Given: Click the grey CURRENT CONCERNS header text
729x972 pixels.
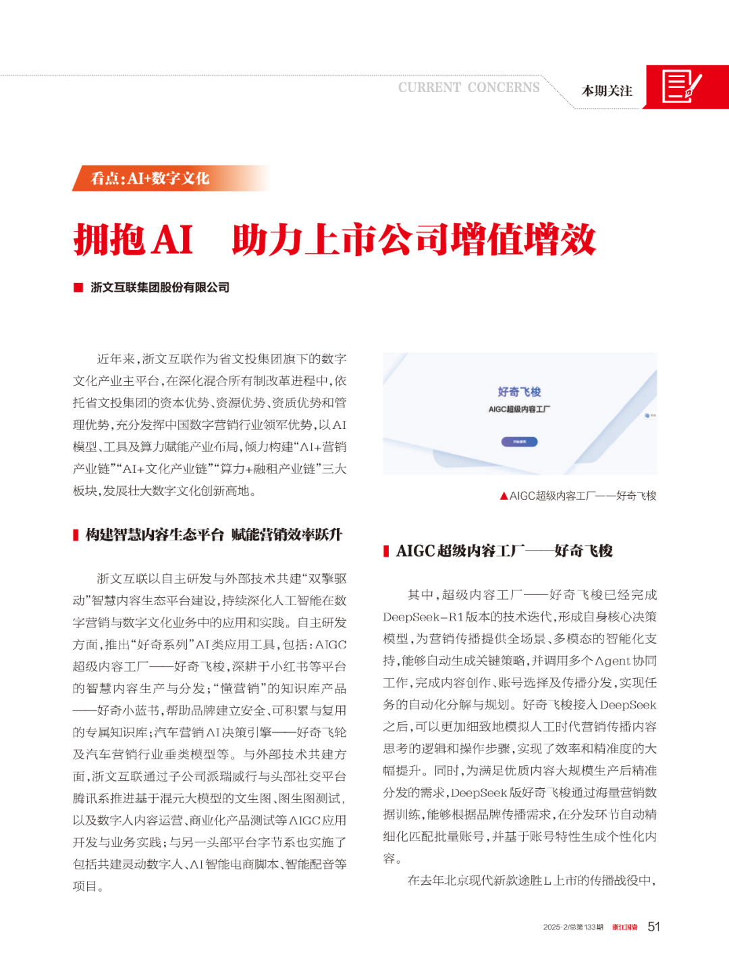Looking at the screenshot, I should [468, 88].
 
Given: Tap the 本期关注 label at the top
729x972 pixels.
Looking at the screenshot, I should [607, 91].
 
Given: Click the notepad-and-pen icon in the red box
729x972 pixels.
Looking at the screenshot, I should [681, 86].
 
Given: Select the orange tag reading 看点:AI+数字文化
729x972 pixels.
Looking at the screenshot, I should [151, 178].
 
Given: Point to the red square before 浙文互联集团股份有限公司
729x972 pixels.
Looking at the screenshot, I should [78, 288].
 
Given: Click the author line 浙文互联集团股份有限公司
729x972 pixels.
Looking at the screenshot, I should [160, 288].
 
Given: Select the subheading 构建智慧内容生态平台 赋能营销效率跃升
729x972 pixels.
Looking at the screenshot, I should [214, 535].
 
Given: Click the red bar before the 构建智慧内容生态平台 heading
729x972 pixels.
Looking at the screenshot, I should [76, 535].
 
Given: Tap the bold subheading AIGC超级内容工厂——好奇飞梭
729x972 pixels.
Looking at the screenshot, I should [504, 551].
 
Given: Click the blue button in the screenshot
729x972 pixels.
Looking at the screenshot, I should [519, 442].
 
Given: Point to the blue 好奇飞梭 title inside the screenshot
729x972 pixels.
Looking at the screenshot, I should [519, 392].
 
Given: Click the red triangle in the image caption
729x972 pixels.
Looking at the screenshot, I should [504, 496].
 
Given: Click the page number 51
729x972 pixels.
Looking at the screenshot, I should [653, 927].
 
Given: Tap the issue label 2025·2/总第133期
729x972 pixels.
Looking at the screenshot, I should [573, 927].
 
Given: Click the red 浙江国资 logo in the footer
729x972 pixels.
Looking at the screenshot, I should [624, 927].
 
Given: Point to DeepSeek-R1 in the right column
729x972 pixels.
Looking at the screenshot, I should [423, 617].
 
